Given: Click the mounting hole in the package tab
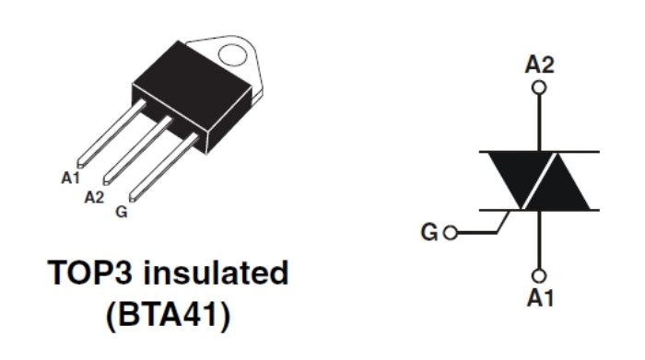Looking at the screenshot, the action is [x=232, y=54].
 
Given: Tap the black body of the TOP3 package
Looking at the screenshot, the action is [x=192, y=95].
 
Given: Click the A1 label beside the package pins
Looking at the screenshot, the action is [x=70, y=178].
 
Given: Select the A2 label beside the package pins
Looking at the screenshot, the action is [x=94, y=197].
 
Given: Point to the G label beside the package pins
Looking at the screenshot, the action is [x=122, y=212].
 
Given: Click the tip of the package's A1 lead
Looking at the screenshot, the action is [x=80, y=165].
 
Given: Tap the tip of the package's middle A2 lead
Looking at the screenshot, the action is [x=106, y=181].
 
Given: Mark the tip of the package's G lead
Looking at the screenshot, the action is [x=133, y=198].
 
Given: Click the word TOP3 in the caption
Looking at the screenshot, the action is [x=90, y=273].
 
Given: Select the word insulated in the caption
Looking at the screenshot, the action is [x=216, y=272].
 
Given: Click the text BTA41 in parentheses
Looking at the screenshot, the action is [x=168, y=315].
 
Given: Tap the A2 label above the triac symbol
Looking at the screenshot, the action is [x=540, y=64].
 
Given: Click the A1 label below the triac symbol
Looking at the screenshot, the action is [x=541, y=298].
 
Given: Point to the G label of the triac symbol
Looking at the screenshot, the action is [x=429, y=232].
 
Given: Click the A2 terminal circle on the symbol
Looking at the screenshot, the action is [x=539, y=88].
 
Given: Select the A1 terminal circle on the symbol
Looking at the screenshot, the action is [x=539, y=275].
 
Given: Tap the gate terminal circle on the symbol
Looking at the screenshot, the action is [x=451, y=233].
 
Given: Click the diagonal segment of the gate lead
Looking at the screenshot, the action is [x=503, y=222].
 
